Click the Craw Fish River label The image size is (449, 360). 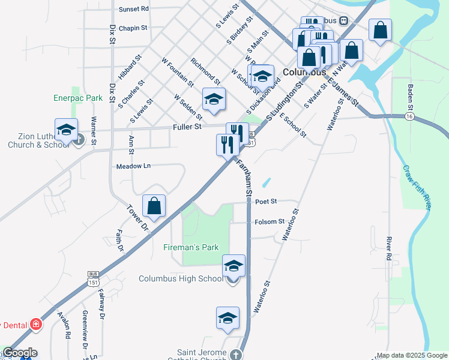tap(417, 187)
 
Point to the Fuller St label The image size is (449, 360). tap(187, 127)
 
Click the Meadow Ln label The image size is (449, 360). tap(133, 166)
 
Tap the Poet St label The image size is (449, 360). tap(265, 202)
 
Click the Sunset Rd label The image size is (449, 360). tap(133, 9)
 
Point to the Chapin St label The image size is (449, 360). tap(133, 28)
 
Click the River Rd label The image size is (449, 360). tap(389, 248)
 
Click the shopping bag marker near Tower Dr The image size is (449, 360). tap(154, 206)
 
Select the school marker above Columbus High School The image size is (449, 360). tap(234, 265)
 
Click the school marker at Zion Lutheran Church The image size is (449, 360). tap(67, 129)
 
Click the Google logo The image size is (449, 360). tap(19, 353)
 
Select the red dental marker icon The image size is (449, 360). tap(37, 324)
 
